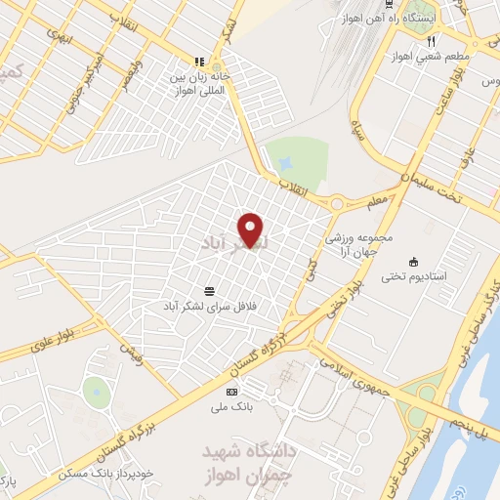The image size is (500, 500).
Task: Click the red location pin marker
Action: pos(251,229)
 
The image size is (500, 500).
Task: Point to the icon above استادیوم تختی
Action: pos(413,262)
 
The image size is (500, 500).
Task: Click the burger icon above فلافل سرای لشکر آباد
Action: pos(209,291)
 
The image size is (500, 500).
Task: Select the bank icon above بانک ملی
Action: pos(231,392)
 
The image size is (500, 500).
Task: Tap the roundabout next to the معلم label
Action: pos(339,204)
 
